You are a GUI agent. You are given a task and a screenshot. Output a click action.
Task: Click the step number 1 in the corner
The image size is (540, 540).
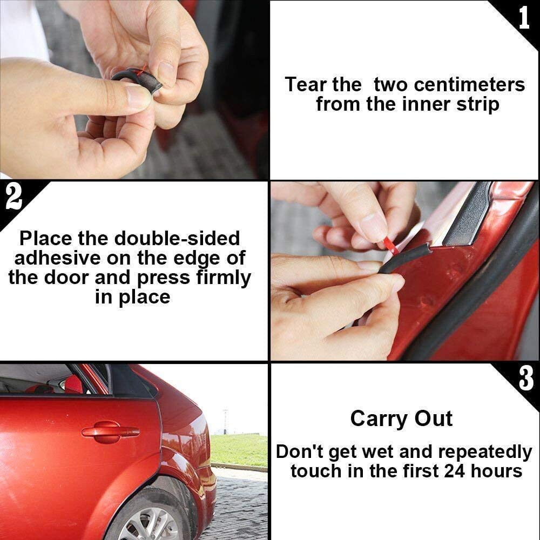[x=523, y=18]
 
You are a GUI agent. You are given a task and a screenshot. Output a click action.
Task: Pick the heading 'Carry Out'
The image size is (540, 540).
[x=401, y=418]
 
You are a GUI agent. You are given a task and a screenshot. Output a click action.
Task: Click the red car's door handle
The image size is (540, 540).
[x=110, y=431]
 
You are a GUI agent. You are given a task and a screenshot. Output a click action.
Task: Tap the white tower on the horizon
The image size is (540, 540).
[x=225, y=421]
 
